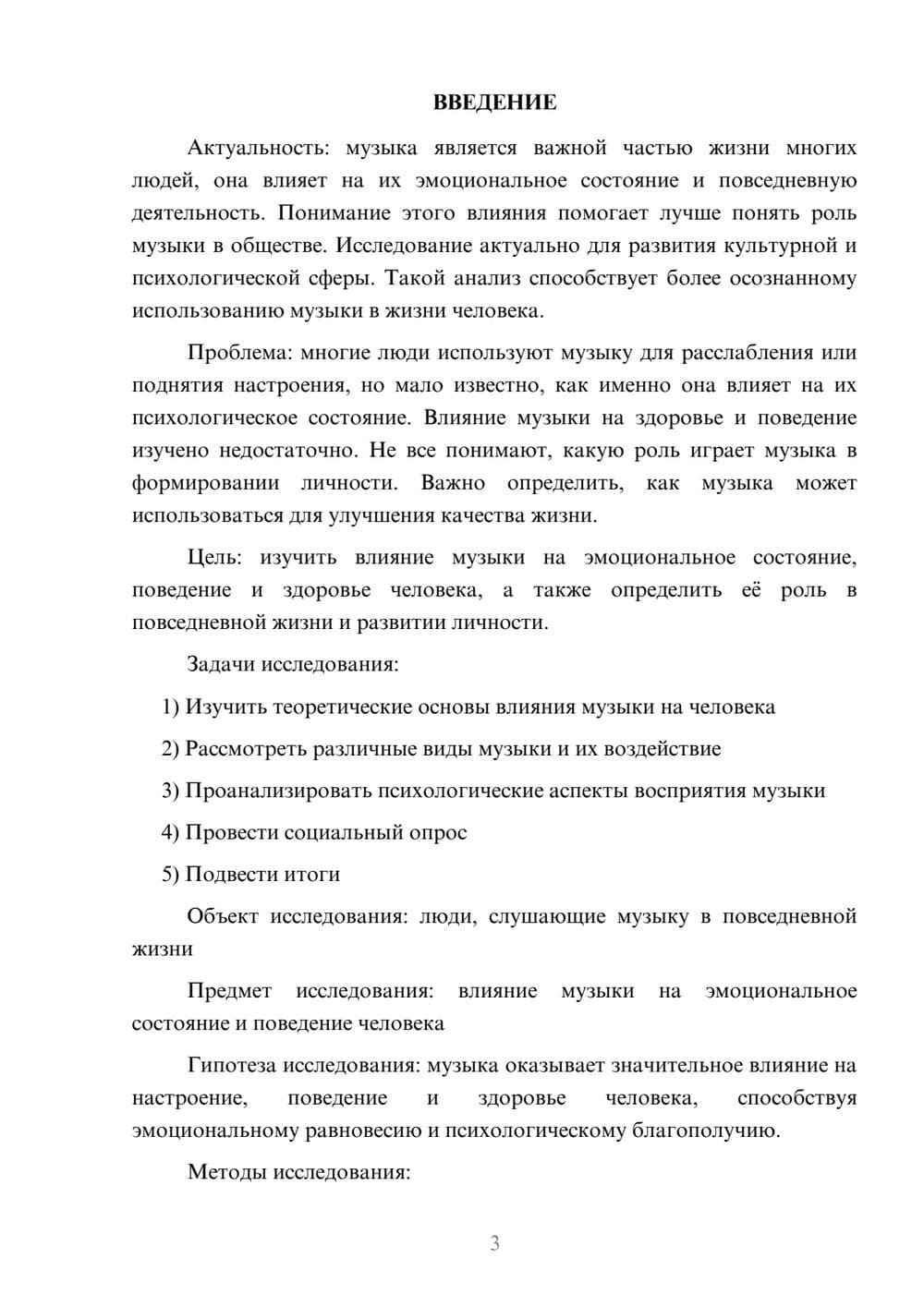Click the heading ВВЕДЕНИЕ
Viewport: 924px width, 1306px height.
(494, 103)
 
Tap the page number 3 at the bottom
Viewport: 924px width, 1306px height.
(494, 1243)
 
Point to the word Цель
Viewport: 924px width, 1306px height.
(213, 557)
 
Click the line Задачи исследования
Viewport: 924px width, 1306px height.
(292, 664)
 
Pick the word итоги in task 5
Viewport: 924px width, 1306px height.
(311, 875)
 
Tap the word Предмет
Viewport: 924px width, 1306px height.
(229, 991)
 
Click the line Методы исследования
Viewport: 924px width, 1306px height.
(298, 1173)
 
